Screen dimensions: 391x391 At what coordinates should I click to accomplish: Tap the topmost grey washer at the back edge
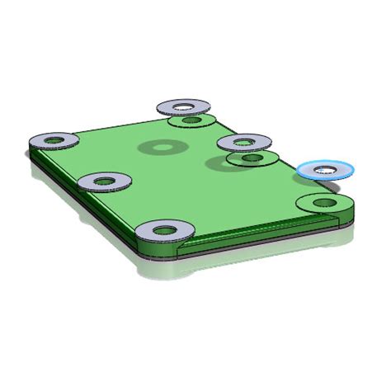(x=183, y=106)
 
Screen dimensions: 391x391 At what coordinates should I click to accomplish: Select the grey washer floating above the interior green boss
(x=246, y=142)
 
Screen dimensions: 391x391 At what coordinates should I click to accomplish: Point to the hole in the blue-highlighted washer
(x=327, y=169)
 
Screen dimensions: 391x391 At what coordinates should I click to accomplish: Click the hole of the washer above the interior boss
(x=246, y=141)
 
